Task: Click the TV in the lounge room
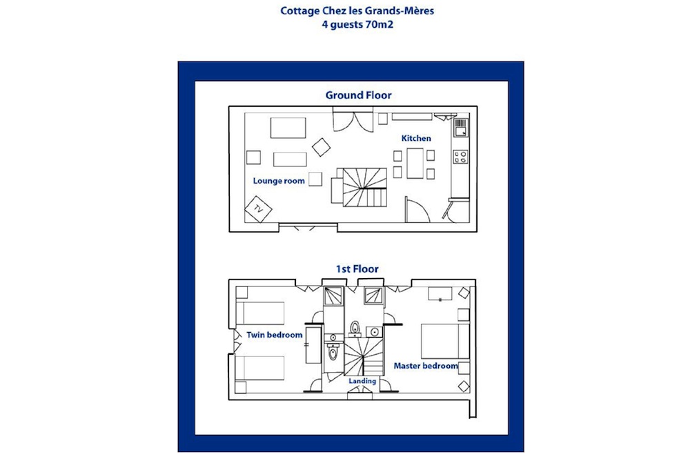tap(258, 209)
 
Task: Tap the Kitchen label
tap(416, 138)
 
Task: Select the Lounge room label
tap(279, 181)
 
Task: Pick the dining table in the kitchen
tap(415, 164)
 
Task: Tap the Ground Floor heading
tap(358, 95)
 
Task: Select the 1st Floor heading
tap(357, 269)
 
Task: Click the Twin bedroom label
tap(274, 335)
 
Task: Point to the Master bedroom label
tap(426, 366)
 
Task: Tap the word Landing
tap(362, 381)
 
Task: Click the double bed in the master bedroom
tap(445, 341)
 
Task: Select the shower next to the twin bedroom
tap(334, 295)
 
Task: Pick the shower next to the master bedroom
tap(373, 295)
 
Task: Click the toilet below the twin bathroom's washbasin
tap(333, 352)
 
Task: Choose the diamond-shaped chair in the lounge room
tap(322, 148)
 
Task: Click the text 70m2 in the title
tap(379, 25)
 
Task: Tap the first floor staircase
tap(364, 356)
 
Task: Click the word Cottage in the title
tap(300, 10)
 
